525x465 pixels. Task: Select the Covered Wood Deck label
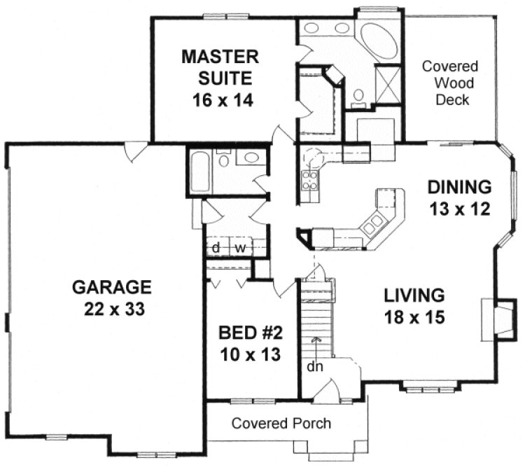point(449,83)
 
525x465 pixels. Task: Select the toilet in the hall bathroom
point(225,160)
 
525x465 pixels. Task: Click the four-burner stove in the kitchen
point(309,181)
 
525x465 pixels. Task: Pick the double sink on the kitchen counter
point(372,223)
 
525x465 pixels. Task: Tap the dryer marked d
point(217,247)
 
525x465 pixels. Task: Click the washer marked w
point(239,247)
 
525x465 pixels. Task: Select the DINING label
point(458,187)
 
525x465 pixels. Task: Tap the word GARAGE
point(111,286)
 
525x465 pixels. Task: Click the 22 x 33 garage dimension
point(111,309)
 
